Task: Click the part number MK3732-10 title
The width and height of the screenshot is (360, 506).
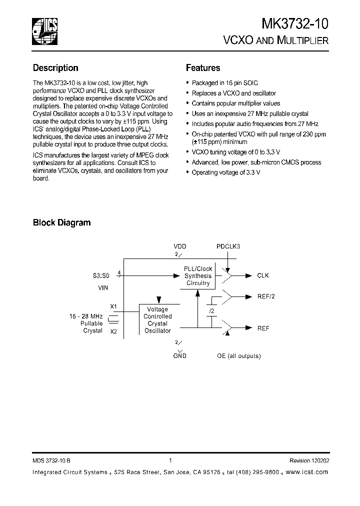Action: [295, 24]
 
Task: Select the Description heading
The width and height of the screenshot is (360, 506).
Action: [55, 68]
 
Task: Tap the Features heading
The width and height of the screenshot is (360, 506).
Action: [203, 68]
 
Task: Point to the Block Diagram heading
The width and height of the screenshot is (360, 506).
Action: [61, 222]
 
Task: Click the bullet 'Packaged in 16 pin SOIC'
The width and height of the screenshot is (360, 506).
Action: [224, 83]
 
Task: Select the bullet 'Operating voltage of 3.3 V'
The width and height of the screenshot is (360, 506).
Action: [226, 172]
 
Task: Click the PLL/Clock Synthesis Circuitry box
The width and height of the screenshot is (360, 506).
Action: [198, 276]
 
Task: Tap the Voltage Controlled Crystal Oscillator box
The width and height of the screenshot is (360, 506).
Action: [157, 320]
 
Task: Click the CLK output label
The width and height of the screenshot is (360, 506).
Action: [263, 275]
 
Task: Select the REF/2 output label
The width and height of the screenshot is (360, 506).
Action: [266, 296]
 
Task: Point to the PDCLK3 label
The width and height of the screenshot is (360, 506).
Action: [228, 247]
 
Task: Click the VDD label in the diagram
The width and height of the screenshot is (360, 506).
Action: [179, 247]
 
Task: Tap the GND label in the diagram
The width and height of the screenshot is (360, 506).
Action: [179, 355]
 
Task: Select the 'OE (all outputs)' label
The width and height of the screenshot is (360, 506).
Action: [238, 355]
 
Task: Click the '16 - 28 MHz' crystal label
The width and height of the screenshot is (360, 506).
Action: [86, 317]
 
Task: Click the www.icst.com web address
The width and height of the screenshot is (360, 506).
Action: [308, 472]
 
